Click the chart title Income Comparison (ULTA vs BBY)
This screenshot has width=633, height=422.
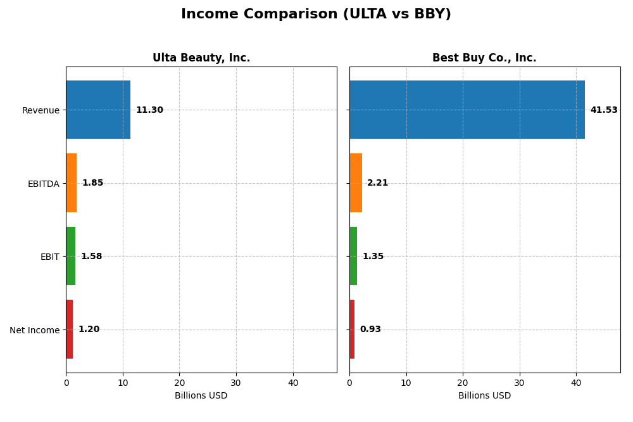click(316, 15)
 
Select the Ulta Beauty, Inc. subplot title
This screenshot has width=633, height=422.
click(201, 58)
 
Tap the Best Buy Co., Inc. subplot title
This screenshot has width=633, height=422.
click(484, 58)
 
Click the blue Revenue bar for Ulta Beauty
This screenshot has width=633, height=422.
click(98, 110)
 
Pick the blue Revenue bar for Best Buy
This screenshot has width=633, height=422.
click(467, 110)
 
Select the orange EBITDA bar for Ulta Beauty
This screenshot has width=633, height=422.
click(72, 183)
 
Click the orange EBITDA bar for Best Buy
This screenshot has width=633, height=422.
click(356, 183)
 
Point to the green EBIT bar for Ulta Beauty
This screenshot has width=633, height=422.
click(71, 256)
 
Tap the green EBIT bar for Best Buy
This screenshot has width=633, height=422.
click(353, 256)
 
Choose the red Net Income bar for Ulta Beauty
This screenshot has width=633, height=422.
click(70, 329)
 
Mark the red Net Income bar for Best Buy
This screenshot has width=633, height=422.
click(352, 329)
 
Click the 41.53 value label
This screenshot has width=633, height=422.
click(604, 110)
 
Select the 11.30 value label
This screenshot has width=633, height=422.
click(149, 110)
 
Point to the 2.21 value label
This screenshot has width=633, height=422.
click(378, 183)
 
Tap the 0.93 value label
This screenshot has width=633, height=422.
click(370, 329)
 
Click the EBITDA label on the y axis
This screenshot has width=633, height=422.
click(43, 184)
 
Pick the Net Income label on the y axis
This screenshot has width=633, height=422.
click(34, 330)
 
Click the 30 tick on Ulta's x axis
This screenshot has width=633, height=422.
click(236, 383)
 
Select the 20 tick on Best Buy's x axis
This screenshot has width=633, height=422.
click(463, 383)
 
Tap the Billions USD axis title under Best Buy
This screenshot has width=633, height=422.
click(484, 396)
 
